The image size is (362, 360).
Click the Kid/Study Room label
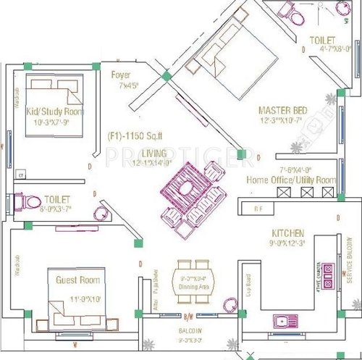55,112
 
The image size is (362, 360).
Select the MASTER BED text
282,110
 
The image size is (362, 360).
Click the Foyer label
120,75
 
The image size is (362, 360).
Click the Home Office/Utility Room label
291,180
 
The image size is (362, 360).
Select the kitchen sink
282,321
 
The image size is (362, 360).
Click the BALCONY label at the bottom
190,330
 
